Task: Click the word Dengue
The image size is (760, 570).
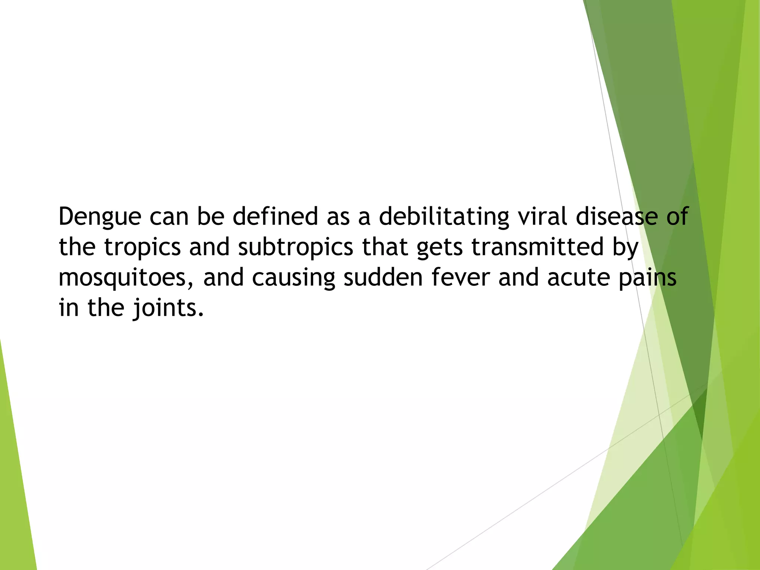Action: point(100,217)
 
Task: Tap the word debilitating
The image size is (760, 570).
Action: point(444,216)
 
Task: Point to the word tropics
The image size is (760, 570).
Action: point(142,248)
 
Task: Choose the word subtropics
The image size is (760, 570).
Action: point(295,248)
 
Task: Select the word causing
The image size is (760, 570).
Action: point(293,278)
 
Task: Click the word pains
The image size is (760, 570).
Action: point(647,278)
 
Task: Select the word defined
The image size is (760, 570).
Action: point(275,216)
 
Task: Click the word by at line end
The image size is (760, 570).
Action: point(625,248)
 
